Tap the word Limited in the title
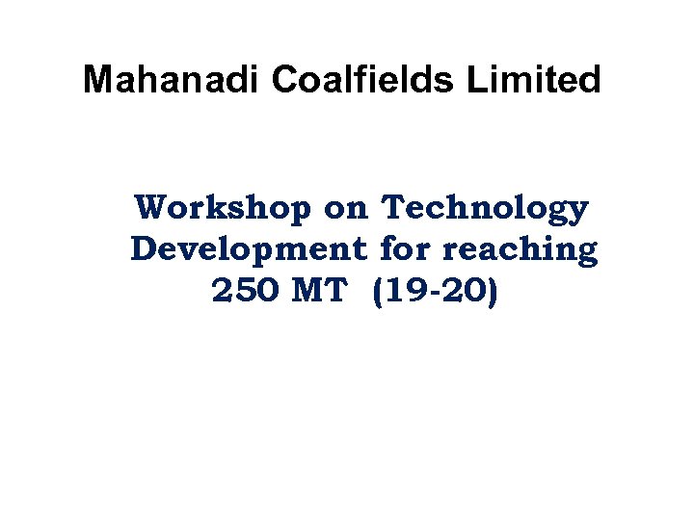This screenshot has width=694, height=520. tap(534, 80)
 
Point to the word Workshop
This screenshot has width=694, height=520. tap(224, 208)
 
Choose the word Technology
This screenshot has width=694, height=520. tap(485, 208)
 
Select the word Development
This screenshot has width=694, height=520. tap(249, 249)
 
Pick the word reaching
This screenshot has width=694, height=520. tap(520, 249)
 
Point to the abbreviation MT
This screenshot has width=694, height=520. tap(319, 291)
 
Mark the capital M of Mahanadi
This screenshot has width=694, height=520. tap(97, 80)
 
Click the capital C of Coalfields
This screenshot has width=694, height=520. tap(285, 80)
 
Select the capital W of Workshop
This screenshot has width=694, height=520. tap(152, 208)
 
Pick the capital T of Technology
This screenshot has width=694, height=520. tap(395, 208)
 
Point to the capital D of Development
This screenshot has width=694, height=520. tap(145, 249)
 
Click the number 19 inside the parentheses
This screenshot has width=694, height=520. tap(398, 291)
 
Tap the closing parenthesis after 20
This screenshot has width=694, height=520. tap(492, 291)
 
